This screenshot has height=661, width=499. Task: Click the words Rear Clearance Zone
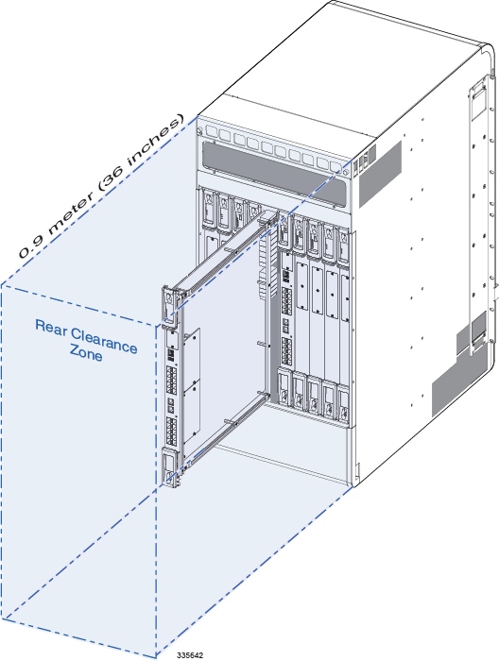86,337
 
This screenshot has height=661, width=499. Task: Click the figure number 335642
190,653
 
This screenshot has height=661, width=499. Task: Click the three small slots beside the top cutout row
364,164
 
